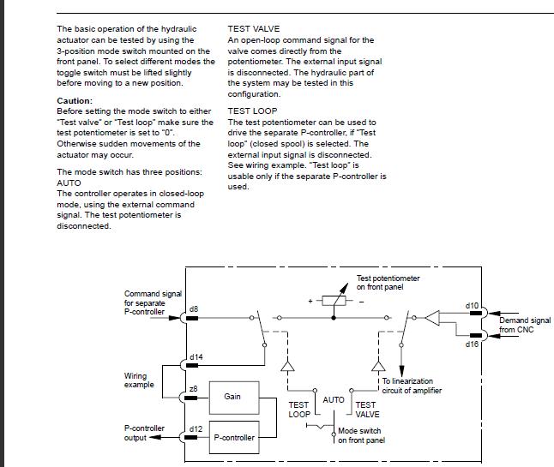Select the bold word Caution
(x=74, y=101)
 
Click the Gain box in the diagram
(x=232, y=397)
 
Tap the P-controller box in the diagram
(x=234, y=437)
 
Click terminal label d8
(x=194, y=308)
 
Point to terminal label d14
(x=196, y=356)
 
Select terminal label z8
(x=194, y=389)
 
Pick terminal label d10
(x=471, y=305)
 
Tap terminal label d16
(x=471, y=344)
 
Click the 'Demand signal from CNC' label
(x=524, y=325)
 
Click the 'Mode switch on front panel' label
(x=359, y=435)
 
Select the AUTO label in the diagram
(x=334, y=399)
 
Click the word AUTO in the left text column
(x=69, y=183)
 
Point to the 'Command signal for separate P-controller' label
(x=153, y=302)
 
